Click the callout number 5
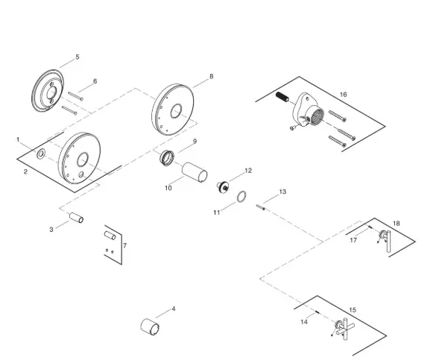tap(77, 57)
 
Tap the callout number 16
tap(343, 95)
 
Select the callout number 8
tap(211, 76)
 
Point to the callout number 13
tap(282, 192)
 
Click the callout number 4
tap(174, 308)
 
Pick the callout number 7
tap(124, 245)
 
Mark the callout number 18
tap(396, 223)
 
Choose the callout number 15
tap(353, 309)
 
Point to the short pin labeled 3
tap(75, 218)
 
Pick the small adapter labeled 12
tap(221, 186)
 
